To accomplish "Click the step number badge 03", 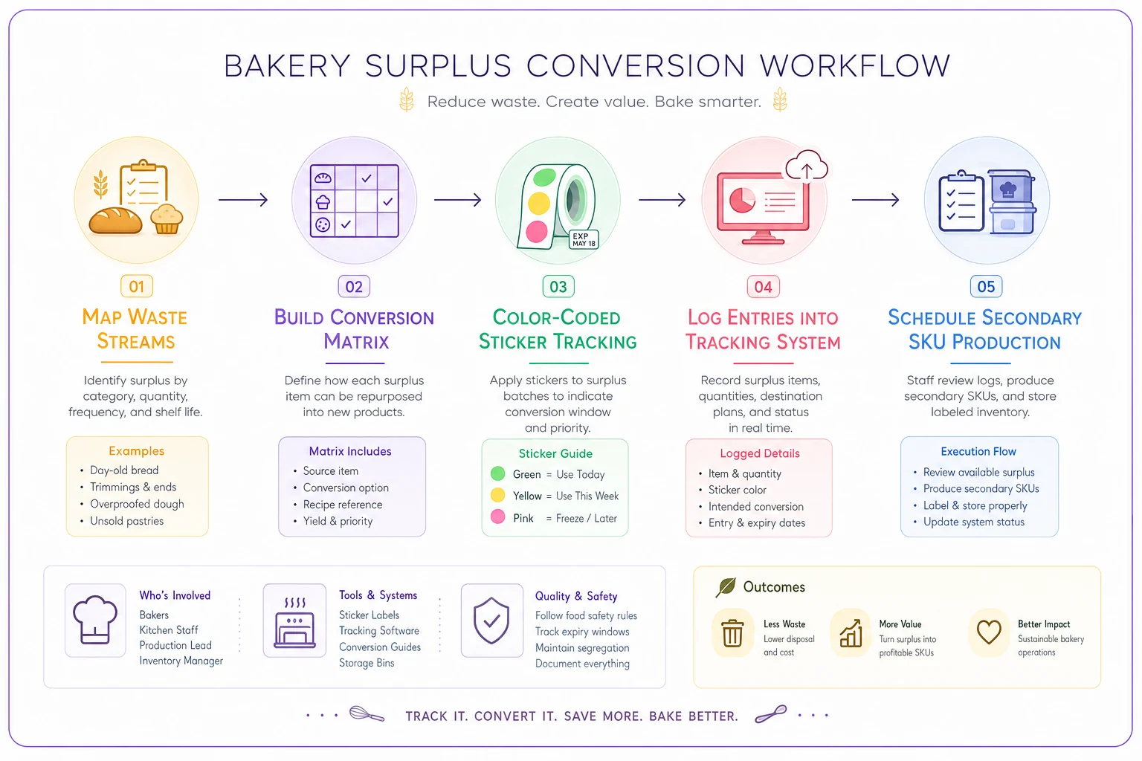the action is (x=558, y=286).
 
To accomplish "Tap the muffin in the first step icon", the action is (x=167, y=218).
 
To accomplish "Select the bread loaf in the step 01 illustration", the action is (x=115, y=221).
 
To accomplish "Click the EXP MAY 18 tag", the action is (x=584, y=239).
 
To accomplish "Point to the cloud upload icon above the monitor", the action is (x=807, y=166).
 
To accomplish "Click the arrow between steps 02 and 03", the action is (x=457, y=200).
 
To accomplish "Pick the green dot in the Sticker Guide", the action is (x=497, y=473).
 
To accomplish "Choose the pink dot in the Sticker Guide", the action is (x=497, y=516).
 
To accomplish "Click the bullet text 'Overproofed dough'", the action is (x=137, y=504).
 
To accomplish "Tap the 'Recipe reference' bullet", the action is (x=343, y=504).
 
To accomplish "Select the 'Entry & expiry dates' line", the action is (x=757, y=522).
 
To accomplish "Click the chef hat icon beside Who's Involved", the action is (x=95, y=620).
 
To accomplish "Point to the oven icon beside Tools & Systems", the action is (x=294, y=622).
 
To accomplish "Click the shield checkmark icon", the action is (x=491, y=621).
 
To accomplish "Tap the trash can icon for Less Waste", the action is (x=732, y=632).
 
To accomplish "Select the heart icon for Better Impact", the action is (x=989, y=632).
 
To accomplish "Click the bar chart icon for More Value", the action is (x=851, y=633).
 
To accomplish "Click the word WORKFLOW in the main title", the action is (x=855, y=65).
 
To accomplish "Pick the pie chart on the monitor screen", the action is (x=742, y=200).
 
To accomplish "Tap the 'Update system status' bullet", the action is (x=974, y=522).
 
